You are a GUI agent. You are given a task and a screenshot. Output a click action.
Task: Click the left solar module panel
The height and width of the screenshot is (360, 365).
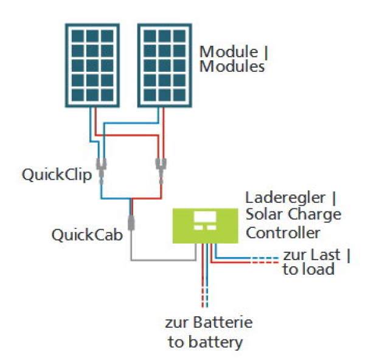tap(92, 66)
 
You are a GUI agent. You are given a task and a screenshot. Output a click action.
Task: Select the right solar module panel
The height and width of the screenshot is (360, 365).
tap(165, 66)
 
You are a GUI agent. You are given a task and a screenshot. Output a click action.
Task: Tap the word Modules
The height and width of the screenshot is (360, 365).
tap(232, 66)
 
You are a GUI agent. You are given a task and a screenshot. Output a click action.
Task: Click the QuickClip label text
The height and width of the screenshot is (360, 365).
tap(57, 175)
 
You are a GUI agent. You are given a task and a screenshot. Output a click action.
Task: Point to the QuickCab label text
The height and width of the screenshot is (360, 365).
tap(87, 235)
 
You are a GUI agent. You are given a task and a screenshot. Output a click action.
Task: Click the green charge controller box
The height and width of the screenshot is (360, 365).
tap(206, 226)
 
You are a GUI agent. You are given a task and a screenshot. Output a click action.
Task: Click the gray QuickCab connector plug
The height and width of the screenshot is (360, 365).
tap(131, 223)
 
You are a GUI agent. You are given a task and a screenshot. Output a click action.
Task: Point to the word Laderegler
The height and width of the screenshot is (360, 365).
tap(285, 198)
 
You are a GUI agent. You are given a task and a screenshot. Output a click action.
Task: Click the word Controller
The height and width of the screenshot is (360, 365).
tap(283, 233)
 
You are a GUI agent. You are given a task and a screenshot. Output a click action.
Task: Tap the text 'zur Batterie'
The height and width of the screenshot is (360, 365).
tap(209, 322)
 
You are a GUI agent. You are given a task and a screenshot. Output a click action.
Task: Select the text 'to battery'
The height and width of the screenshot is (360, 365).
tap(206, 342)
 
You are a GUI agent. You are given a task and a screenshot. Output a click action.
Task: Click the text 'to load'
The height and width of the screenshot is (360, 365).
tap(308, 269)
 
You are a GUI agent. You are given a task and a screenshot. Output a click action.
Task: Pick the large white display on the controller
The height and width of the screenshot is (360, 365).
tap(205, 217)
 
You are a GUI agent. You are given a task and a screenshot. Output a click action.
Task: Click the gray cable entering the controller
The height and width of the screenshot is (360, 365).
tap(163, 259)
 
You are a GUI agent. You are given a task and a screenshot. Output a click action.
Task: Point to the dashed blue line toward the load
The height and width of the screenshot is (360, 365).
tap(265, 258)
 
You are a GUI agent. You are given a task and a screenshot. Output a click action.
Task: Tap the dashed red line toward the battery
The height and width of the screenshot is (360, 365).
tap(203, 298)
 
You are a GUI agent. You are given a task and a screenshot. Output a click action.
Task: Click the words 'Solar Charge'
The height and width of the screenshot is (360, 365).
tap(294, 214)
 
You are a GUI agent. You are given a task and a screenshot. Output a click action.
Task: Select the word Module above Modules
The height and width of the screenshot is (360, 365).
tap(229, 51)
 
